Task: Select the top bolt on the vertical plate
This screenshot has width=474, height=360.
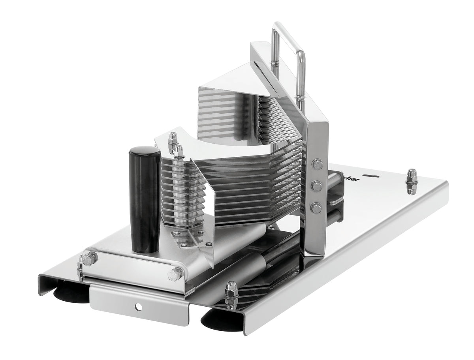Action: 317,163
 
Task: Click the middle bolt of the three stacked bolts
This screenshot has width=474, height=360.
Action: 316,186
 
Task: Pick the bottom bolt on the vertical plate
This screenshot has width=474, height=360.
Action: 316,208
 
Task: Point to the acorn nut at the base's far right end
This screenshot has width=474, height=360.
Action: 412,182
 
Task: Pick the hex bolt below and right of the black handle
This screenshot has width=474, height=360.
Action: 175,274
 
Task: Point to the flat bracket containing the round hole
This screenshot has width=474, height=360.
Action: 138,302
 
